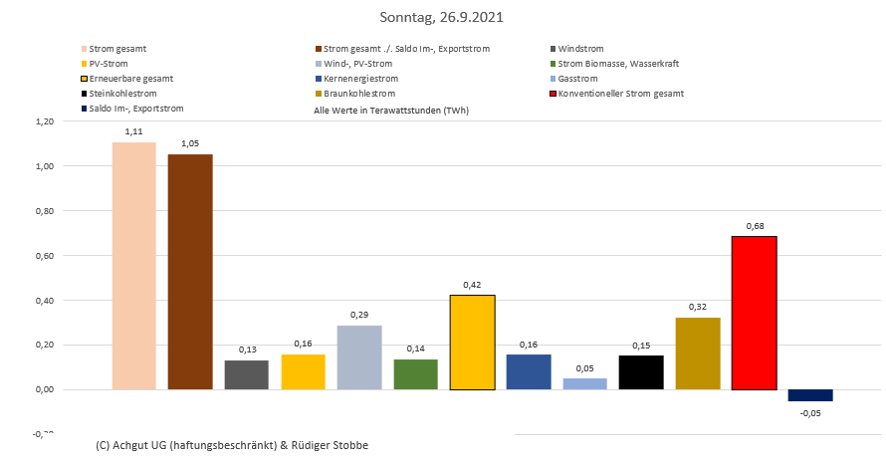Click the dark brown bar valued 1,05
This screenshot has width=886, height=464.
(190, 271)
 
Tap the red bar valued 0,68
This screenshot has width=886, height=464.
(754, 313)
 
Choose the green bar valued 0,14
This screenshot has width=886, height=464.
(415, 374)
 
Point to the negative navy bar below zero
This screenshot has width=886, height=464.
(810, 395)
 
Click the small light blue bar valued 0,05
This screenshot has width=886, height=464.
(584, 383)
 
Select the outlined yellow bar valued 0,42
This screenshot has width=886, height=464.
(472, 342)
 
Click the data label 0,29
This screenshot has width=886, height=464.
(359, 315)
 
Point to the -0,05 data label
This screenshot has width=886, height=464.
(810, 414)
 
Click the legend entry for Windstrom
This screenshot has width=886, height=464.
(580, 48)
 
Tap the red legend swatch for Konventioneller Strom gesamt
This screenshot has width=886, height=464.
(553, 94)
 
